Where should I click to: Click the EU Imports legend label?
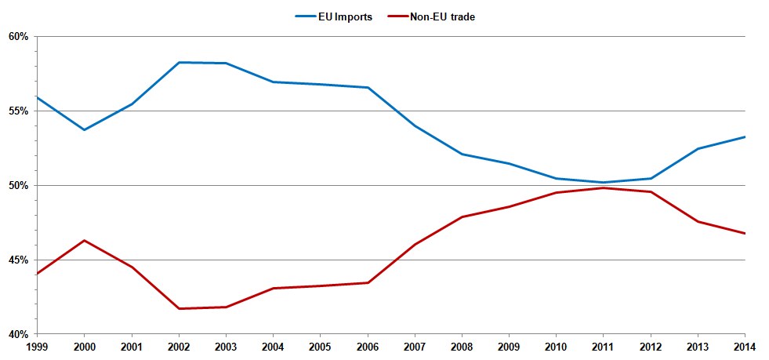coord(348,17)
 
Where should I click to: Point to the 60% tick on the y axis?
coord(18,37)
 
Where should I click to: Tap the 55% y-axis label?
coord(18,111)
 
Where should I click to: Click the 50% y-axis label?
coord(18,186)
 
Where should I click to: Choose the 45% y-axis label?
coord(18,260)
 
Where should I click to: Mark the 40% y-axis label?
coord(18,334)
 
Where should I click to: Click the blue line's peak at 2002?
coord(179,62)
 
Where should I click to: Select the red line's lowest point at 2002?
coord(179,308)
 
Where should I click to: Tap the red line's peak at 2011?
coord(604,188)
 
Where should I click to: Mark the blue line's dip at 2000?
coord(85,129)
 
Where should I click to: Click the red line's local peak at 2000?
coord(85,240)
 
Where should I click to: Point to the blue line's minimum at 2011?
coord(604,183)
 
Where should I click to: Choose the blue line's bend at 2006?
coord(368,87)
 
